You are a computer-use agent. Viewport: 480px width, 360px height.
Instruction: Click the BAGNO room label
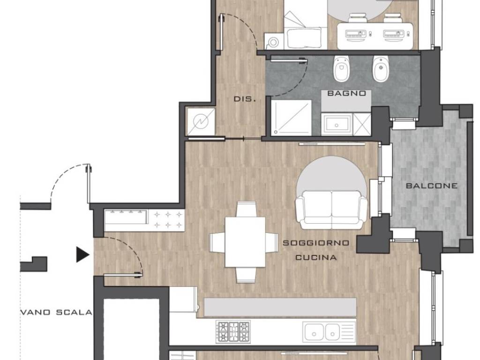point(346,93)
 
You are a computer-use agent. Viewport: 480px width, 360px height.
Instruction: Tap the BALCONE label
point(432,186)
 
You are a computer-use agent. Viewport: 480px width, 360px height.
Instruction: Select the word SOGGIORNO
point(316,243)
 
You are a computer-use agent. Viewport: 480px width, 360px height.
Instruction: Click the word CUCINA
point(316,257)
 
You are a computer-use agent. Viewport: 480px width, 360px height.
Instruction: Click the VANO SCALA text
point(56,313)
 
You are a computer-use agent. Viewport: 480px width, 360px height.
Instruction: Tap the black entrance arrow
point(82,255)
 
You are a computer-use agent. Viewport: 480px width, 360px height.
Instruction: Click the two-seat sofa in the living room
point(331,210)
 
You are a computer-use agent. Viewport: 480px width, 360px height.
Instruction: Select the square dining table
point(245,242)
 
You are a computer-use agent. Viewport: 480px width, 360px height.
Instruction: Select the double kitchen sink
point(329,332)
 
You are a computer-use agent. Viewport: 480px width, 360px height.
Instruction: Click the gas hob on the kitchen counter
point(233,332)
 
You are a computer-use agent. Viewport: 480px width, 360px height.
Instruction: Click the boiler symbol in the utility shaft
point(201,122)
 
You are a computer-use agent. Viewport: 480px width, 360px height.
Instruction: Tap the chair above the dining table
point(247,210)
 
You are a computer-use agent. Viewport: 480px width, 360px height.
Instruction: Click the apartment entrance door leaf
point(123,275)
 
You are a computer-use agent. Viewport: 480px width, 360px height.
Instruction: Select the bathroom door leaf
point(288,60)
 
